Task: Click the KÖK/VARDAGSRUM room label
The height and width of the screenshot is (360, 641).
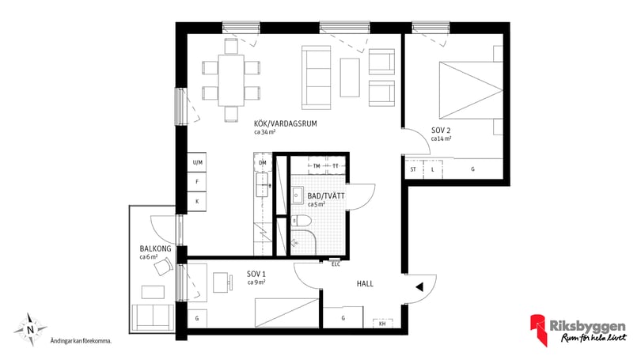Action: click(286, 123)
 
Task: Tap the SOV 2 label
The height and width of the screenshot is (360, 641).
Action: click(441, 131)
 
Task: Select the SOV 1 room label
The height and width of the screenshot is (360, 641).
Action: click(256, 274)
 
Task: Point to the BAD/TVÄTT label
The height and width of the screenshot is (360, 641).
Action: click(326, 196)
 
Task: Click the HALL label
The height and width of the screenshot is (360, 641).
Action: click(365, 283)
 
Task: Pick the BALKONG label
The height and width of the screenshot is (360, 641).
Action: click(155, 248)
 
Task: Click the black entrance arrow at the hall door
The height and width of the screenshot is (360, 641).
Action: click(419, 287)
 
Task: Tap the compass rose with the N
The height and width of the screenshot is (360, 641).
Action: click(30, 329)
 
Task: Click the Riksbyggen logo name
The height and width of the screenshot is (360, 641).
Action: click(587, 326)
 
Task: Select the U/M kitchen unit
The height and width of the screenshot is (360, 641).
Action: click(197, 162)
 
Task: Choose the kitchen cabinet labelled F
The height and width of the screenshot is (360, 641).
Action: click(197, 182)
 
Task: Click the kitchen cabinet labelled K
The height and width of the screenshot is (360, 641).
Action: click(197, 202)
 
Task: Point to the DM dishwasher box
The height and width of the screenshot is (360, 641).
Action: click(263, 163)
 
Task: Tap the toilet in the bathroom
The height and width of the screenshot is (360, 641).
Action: click(302, 221)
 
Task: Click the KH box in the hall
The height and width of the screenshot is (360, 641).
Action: click(383, 324)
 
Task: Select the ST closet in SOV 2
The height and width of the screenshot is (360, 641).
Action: click(413, 169)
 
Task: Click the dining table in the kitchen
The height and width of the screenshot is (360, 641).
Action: click(231, 80)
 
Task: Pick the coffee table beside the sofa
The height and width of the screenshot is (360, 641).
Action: click(350, 78)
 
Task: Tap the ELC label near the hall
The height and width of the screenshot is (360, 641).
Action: click(336, 264)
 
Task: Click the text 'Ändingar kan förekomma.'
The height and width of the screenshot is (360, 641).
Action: click(81, 341)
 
